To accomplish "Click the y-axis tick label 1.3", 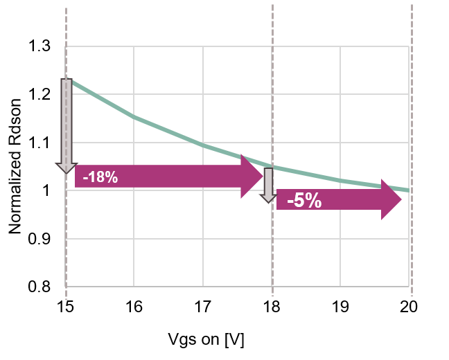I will coord(39,46).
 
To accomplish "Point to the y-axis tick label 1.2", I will coord(39,94).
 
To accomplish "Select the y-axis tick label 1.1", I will coord(39,143).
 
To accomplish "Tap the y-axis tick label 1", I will coord(47,190).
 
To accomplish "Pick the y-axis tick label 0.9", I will coord(39,238).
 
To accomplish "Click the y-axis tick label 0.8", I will coord(39,287).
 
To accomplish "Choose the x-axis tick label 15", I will coord(66,306).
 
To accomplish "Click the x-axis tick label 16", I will coord(134,306).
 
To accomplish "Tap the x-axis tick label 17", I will coord(203,306).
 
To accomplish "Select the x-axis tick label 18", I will coord(272,306).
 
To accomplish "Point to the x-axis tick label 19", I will coord(341,306).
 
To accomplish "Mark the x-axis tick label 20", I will coord(410,306).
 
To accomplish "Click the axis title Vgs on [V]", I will coord(206,341).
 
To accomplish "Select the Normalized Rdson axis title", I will coord(15,166).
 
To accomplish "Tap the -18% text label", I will coord(100,178).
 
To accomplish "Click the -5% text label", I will coord(304,201).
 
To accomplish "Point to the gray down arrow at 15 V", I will coord(67,125).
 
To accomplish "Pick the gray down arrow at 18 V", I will coord(269,184).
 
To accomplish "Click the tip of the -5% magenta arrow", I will coord(400,201).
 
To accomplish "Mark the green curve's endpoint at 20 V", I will coord(410,190).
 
